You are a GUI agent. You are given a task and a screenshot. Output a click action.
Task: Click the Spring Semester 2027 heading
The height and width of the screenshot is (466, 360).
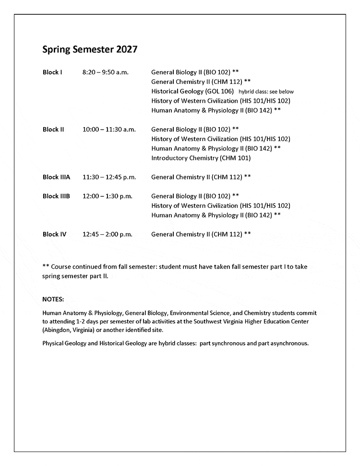pos(90,49)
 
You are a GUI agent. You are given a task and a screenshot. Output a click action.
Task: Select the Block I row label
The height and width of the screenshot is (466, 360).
pos(52,72)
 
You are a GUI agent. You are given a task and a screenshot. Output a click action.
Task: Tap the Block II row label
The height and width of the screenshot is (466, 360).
pos(53,130)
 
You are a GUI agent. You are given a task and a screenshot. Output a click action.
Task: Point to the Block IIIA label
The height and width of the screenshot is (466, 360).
pos(56,177)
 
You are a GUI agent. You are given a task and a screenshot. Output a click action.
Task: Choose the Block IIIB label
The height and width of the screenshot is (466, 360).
pos(56,196)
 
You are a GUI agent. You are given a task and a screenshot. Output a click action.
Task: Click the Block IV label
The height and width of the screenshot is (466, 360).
pos(54,234)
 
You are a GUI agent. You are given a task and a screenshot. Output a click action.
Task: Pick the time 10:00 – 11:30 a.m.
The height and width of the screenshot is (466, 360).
pos(109,130)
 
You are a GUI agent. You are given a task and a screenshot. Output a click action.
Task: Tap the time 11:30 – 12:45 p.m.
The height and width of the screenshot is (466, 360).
pos(109,177)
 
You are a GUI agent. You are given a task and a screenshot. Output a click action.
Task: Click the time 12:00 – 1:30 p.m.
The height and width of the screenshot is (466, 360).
pos(107,196)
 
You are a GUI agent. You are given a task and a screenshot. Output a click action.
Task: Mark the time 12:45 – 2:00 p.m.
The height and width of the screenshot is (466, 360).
pos(107,234)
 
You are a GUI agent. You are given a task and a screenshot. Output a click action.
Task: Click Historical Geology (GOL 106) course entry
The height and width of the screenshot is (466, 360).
pos(192,91)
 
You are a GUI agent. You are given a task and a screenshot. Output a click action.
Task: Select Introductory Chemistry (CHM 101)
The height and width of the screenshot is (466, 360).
pos(201,158)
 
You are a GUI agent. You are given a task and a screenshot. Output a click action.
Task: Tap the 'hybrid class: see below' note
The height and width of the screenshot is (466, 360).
pos(266,92)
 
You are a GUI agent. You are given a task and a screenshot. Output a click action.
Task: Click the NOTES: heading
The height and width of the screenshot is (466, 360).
pos(53,299)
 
